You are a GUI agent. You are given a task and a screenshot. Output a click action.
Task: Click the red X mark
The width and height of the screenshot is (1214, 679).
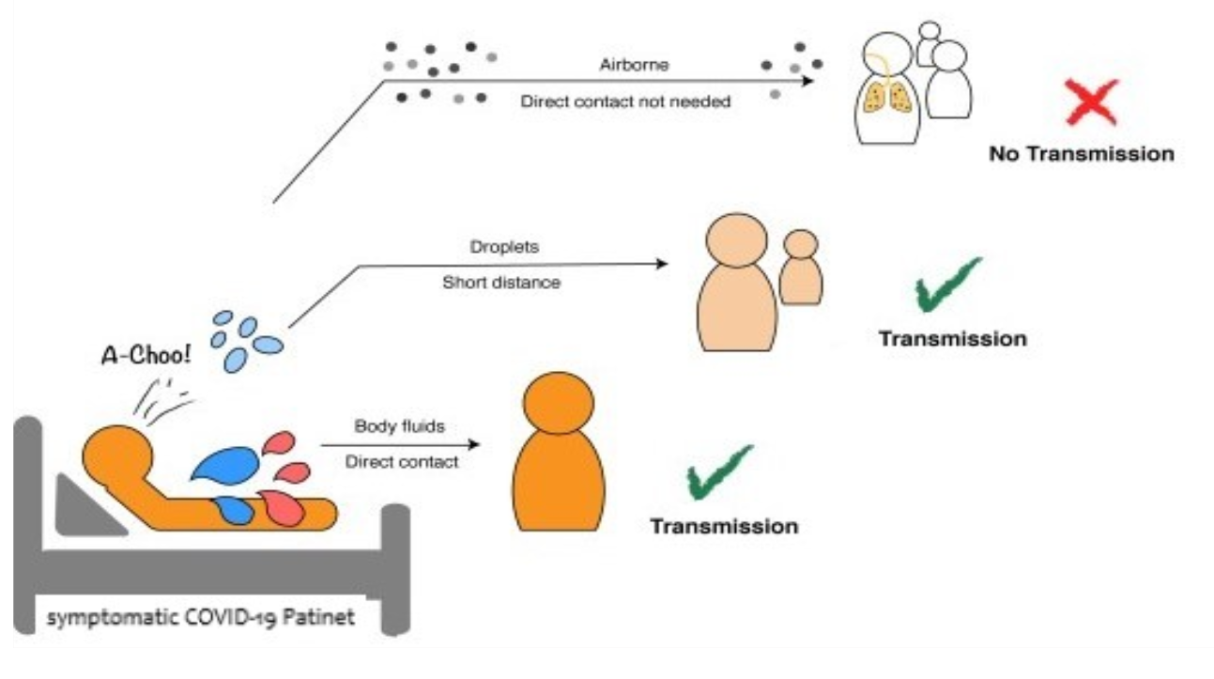(1092, 101)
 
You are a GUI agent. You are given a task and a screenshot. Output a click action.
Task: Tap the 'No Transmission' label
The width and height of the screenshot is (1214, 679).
(1082, 154)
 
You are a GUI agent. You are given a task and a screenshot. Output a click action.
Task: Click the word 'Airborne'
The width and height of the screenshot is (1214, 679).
(634, 65)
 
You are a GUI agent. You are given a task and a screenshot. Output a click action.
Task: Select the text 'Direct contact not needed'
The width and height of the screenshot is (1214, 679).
(625, 101)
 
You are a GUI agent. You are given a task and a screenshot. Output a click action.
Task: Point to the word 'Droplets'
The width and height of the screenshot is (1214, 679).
(504, 247)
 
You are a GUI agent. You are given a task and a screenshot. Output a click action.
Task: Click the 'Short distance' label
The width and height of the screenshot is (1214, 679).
(501, 283)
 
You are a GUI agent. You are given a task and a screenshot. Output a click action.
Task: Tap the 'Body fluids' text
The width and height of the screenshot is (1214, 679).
(399, 426)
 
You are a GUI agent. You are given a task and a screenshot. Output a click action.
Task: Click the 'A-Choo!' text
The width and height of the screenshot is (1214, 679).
(146, 355)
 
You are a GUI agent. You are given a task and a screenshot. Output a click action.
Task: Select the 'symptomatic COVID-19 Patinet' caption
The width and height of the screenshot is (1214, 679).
(201, 617)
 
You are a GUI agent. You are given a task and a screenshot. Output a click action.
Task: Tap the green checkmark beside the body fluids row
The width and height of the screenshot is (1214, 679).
(718, 473)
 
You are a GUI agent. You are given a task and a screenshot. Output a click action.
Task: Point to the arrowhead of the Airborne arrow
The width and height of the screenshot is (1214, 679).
(808, 82)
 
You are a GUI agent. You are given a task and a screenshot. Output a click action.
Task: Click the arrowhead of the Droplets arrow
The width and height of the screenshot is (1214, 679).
(662, 264)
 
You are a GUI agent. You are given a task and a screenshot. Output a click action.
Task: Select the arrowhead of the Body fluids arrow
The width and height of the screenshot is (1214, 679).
(474, 445)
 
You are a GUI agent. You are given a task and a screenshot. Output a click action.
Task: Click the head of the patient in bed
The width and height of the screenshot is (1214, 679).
(117, 455)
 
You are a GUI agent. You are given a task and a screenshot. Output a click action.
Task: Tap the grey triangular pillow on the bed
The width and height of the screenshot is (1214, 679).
(86, 507)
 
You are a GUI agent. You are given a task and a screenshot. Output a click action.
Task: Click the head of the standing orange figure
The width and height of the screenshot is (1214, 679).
(559, 403)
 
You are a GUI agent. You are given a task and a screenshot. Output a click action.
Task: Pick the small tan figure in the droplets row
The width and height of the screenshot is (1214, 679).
(801, 267)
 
